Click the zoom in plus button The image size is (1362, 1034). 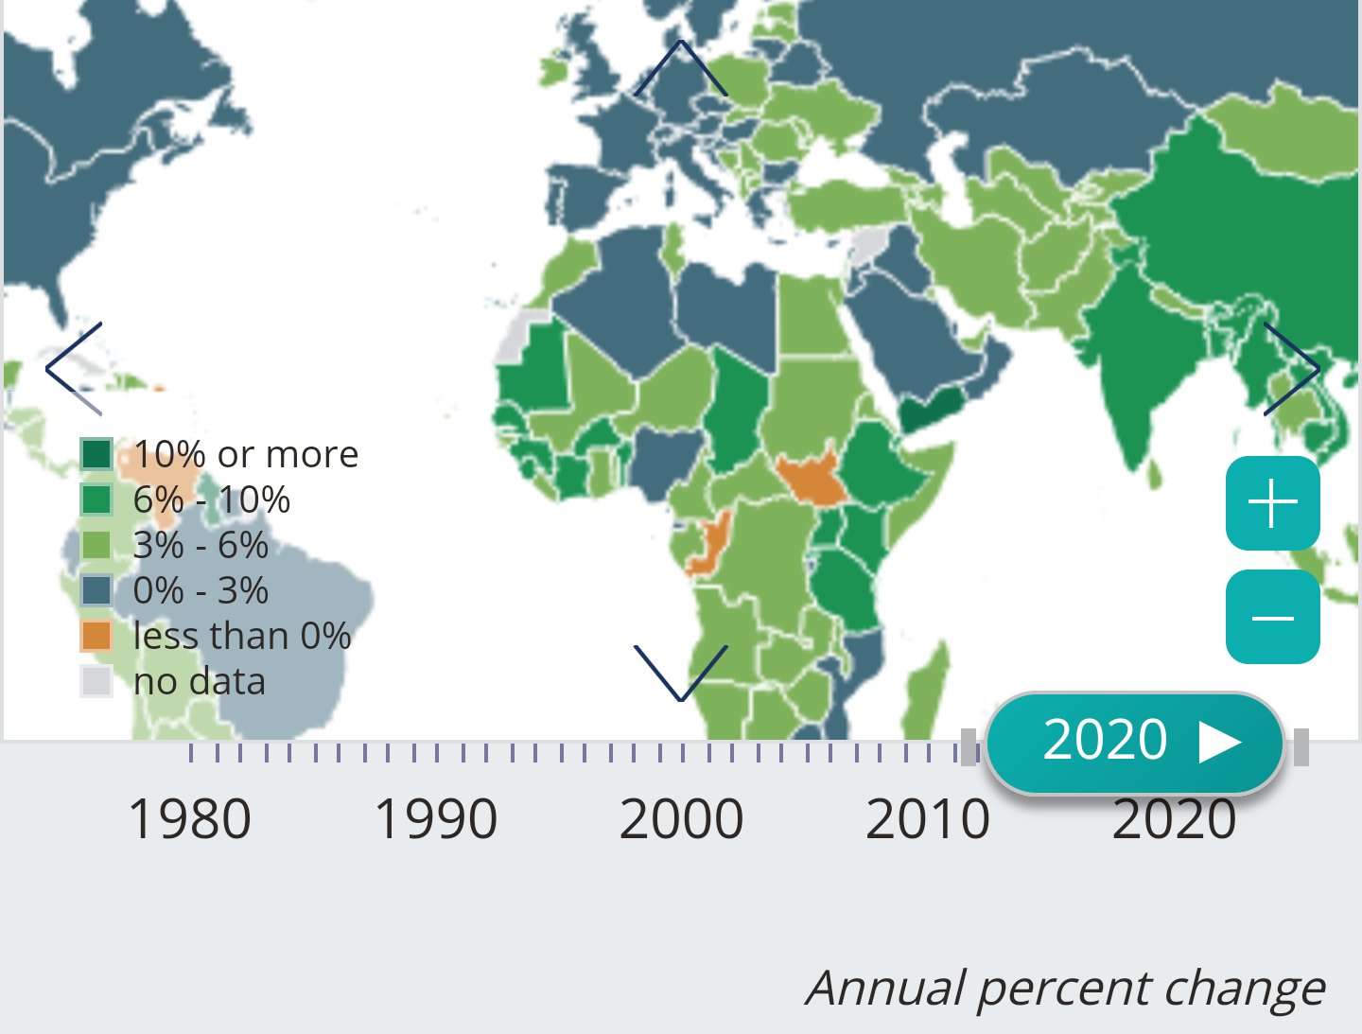click(1272, 502)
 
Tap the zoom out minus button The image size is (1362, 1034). click(1272, 617)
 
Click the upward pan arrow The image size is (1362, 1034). click(680, 68)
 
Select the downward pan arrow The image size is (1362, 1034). click(680, 673)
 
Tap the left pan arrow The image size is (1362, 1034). click(74, 368)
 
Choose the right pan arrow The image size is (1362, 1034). click(1291, 368)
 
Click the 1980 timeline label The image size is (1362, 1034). click(189, 819)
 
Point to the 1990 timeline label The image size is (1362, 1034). click(435, 819)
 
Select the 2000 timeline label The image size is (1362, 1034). click(681, 819)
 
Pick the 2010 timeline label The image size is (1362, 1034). click(927, 819)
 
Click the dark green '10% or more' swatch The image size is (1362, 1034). click(96, 454)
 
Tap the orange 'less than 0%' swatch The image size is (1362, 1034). click(96, 636)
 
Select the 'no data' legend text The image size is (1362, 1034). click(200, 681)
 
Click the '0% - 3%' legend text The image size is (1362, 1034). click(201, 590)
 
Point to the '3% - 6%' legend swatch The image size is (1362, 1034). click(96, 545)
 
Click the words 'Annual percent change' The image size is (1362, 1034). click(1065, 988)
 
